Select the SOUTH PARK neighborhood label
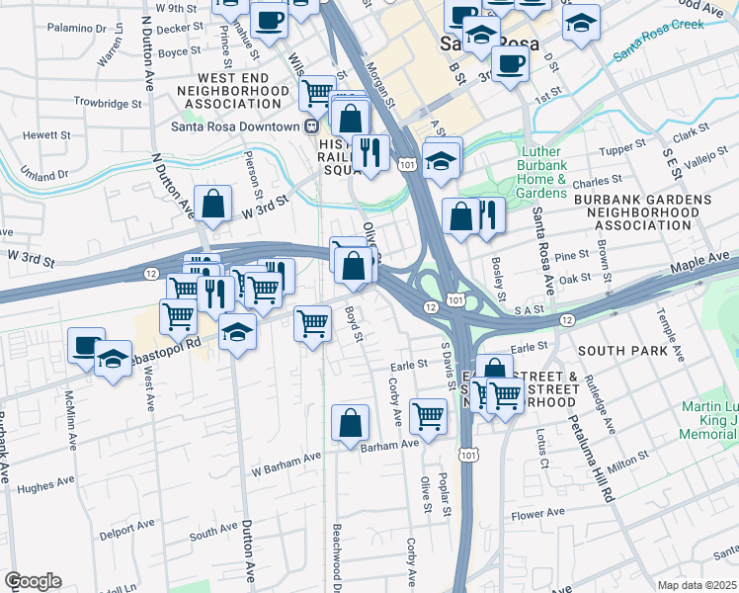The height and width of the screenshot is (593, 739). [x=616, y=351]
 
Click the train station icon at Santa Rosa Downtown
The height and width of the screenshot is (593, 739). [x=310, y=127]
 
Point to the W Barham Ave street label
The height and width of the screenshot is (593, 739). [x=287, y=457]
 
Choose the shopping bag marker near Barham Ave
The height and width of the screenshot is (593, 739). [x=350, y=424]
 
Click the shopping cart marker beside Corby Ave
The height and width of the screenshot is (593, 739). [x=428, y=416]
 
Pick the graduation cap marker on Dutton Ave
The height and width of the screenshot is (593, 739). [x=237, y=331]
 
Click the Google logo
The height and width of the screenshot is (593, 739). [x=33, y=581]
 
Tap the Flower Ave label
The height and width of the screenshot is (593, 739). [x=537, y=513]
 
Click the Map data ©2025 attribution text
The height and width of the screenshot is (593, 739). [x=698, y=585]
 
